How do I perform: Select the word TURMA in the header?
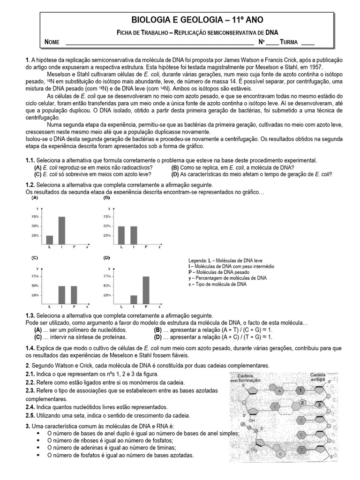pyautogui.click(x=289, y=42)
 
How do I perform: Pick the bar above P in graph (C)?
pyautogui.click(x=74, y=294)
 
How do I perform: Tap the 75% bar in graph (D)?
pyautogui.click(x=146, y=289)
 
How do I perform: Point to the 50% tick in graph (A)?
pyautogui.click(x=35, y=226)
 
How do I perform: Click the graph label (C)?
pyautogui.click(x=35, y=258)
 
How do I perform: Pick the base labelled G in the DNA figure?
pyautogui.click(x=280, y=454)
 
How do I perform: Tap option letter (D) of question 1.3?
pyautogui.click(x=157, y=337)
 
